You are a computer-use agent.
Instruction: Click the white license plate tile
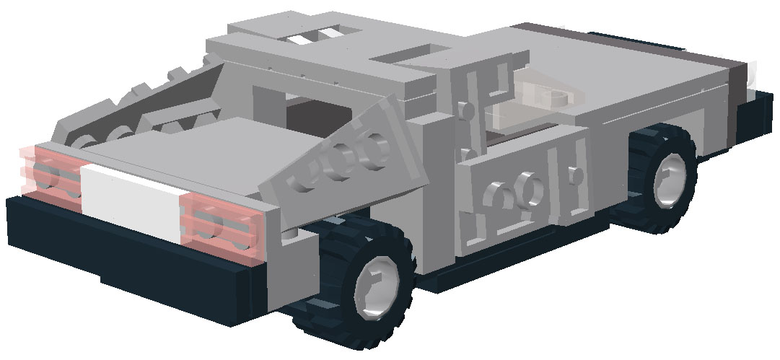tap(130, 202)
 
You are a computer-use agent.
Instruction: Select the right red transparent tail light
tap(221, 224)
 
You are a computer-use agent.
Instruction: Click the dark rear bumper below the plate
tap(130, 260)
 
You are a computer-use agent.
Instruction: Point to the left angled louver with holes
tap(137, 108)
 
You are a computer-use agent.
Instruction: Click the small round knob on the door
tap(575, 174)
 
